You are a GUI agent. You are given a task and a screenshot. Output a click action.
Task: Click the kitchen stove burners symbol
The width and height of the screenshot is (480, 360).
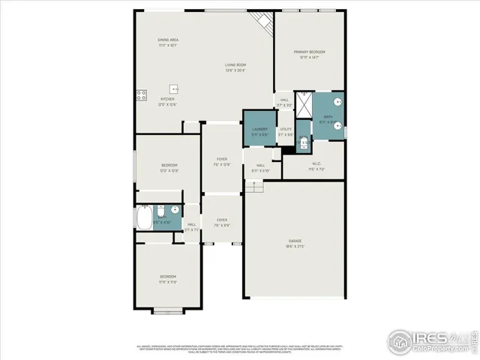140,94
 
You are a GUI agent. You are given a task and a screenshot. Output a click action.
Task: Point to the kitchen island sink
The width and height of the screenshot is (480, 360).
173,88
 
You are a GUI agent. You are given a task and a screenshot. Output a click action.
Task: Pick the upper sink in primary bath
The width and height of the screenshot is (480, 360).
338,100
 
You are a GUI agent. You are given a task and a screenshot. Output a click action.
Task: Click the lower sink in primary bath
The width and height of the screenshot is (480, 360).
338,124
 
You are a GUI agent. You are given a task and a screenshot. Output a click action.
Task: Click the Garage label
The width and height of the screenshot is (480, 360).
295,241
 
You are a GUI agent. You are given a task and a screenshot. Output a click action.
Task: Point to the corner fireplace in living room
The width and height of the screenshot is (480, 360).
262,22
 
